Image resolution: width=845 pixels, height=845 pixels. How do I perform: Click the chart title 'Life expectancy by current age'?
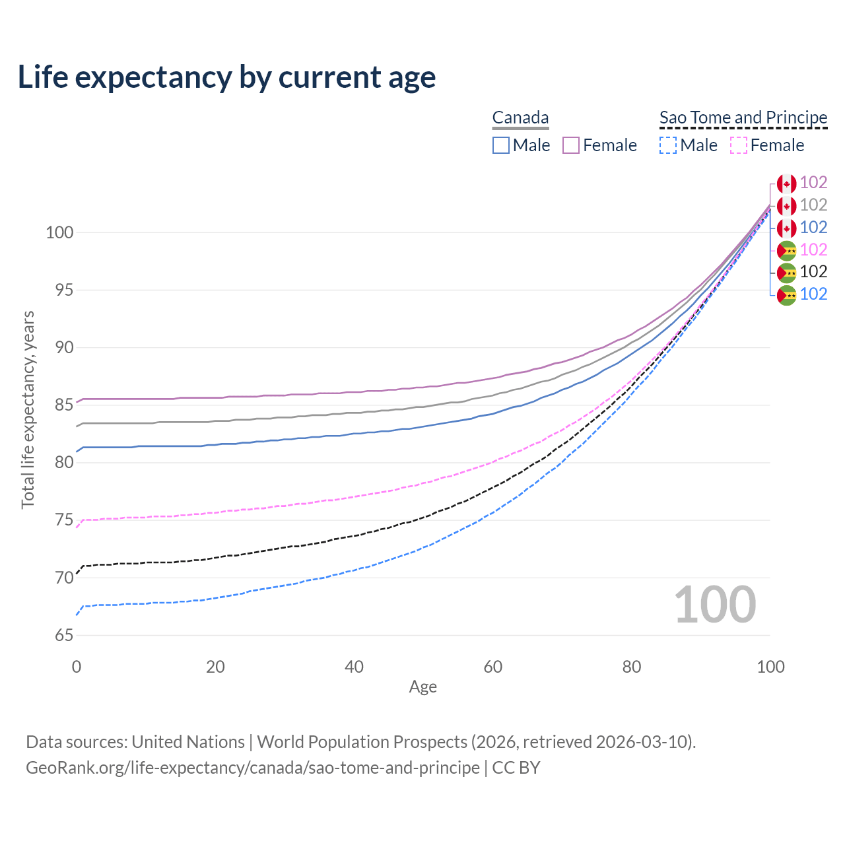tap(226, 77)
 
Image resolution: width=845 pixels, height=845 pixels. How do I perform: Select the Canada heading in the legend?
tap(520, 118)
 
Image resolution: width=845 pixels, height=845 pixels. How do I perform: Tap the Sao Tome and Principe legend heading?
tap(743, 118)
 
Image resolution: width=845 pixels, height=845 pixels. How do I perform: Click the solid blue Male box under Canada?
tap(501, 145)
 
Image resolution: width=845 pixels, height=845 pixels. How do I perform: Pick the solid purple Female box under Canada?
tap(571, 145)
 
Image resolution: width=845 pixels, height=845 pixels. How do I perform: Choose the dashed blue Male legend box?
tap(668, 145)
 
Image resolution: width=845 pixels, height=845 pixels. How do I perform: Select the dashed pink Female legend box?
tap(739, 145)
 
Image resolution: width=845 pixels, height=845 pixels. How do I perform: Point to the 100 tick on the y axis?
tap(59, 232)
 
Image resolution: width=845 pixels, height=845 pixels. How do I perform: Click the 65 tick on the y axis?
tap(64, 635)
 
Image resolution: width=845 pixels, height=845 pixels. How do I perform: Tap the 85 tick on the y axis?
tap(64, 405)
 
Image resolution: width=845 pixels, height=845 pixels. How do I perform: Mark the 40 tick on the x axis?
tap(354, 667)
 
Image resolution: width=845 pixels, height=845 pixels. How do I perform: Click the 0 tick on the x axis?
tap(77, 667)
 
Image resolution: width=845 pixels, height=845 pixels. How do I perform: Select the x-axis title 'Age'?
tap(422, 687)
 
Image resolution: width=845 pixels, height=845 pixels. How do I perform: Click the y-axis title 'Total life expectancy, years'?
tap(28, 409)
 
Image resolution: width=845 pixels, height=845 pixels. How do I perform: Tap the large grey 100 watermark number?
tap(715, 605)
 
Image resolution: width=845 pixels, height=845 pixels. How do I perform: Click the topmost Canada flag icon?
tap(786, 184)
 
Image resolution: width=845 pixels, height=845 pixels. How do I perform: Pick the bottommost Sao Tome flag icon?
tap(786, 295)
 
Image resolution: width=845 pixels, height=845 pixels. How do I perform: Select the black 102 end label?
tap(813, 271)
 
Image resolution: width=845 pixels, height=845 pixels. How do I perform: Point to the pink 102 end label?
tap(813, 250)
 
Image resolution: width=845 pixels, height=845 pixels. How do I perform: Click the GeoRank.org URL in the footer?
tap(253, 768)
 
